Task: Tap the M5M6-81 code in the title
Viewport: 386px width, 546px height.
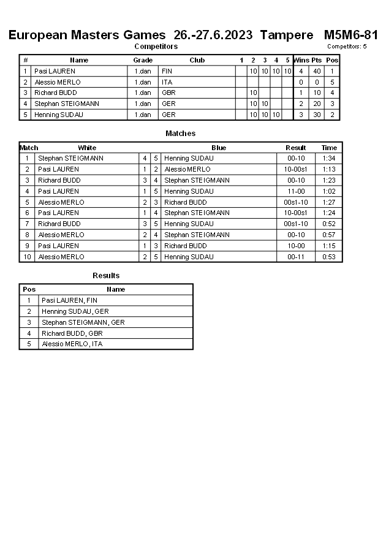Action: coord(350,35)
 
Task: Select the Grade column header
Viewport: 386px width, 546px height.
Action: coord(143,60)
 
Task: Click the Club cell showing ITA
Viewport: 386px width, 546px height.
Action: coord(167,82)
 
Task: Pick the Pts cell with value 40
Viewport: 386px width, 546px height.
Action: coord(317,71)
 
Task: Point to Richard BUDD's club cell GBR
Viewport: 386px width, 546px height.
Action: coord(168,93)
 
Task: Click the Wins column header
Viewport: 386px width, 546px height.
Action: coord(301,60)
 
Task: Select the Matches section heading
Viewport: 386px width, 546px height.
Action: coord(181,134)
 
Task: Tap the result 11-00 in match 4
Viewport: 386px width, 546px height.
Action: coord(296,191)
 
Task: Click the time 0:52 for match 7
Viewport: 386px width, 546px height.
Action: coord(330,224)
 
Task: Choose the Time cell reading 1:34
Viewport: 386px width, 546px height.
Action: coord(330,158)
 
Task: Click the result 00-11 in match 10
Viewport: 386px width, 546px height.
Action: coord(296,257)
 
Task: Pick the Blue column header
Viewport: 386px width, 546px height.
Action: coord(219,148)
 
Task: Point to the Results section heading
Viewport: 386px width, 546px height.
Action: coord(106,276)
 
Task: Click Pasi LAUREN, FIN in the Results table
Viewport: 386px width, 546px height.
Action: coord(69,300)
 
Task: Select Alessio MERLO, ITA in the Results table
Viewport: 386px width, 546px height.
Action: coord(72,344)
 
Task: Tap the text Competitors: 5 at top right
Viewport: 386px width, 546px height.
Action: coord(347,47)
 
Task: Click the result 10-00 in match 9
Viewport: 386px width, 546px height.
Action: coord(296,246)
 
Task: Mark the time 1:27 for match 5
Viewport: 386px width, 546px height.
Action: coord(330,202)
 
